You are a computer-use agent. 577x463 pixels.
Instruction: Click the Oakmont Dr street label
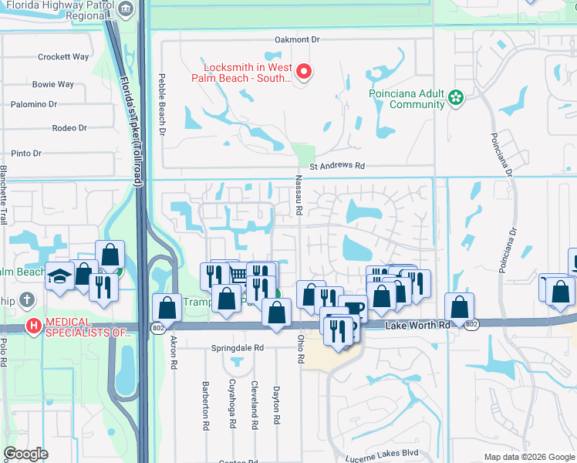tap(297, 39)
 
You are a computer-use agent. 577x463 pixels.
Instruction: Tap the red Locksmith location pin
tap(304, 73)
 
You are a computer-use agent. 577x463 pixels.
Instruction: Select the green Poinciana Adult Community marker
tap(456, 98)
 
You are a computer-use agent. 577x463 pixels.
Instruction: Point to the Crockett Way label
tap(64, 56)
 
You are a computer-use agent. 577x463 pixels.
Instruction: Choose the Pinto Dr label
tap(26, 154)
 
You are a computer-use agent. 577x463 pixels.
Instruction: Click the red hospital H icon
tap(33, 326)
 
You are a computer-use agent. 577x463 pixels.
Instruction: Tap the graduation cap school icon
tap(59, 277)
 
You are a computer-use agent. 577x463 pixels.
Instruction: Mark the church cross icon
tap(27, 299)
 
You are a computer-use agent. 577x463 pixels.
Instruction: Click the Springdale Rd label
tap(238, 348)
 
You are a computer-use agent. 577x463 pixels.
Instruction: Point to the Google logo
tap(25, 454)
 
